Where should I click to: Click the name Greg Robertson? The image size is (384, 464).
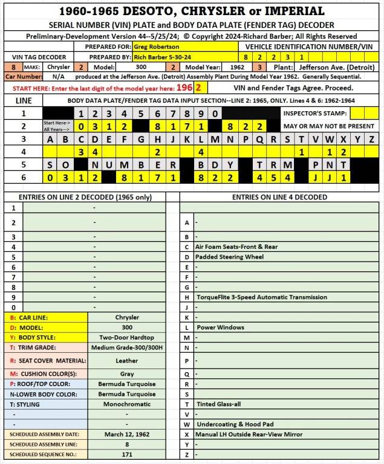[x=156, y=47]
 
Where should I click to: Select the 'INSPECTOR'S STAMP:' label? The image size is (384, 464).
[x=315, y=113]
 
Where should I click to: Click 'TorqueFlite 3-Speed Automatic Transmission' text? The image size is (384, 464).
[x=261, y=297]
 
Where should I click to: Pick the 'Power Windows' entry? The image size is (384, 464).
[x=221, y=327]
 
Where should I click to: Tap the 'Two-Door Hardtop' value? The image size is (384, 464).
[x=127, y=337]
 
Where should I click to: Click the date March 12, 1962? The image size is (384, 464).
[x=127, y=434]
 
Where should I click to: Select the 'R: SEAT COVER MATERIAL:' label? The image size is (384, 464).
[x=46, y=361]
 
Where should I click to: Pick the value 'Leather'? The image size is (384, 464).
[x=127, y=361]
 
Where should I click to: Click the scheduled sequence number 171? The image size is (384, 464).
[x=127, y=454]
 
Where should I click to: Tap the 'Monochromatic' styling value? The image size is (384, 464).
[x=127, y=404]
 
